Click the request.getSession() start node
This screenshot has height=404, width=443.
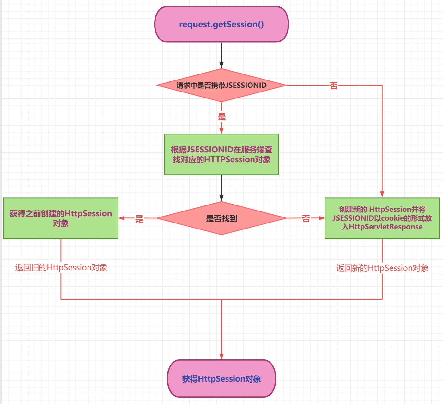(x=222, y=24)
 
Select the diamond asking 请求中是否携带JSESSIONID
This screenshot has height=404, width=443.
(x=222, y=85)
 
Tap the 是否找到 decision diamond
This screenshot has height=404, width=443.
(x=222, y=218)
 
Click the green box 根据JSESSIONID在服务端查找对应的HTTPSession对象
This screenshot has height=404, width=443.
(x=222, y=154)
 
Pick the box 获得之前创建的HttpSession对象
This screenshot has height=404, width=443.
(x=61, y=218)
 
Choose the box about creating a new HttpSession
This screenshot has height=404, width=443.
(x=382, y=218)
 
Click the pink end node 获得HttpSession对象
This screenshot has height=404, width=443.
(x=222, y=378)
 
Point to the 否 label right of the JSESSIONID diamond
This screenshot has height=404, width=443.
(x=334, y=86)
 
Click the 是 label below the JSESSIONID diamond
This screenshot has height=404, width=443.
(x=222, y=117)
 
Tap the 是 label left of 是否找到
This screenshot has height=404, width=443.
(x=139, y=218)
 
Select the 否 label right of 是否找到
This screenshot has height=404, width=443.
(x=306, y=218)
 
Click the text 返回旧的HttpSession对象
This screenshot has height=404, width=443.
(x=61, y=268)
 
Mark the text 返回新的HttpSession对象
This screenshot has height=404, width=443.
(x=382, y=268)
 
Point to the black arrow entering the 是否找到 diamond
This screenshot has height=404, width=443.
(x=222, y=189)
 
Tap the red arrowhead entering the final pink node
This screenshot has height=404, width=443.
(x=222, y=356)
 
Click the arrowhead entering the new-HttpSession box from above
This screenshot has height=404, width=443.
(x=382, y=194)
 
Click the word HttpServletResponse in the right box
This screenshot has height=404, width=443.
(x=385, y=227)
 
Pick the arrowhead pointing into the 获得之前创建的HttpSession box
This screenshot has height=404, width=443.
(x=122, y=218)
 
